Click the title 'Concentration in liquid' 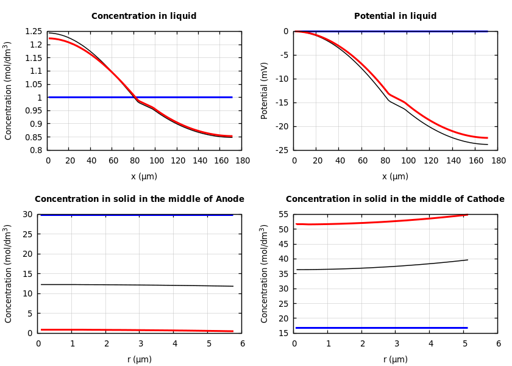pos(144,16)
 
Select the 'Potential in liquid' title pos(395,16)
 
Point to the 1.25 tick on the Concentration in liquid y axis pos(34,32)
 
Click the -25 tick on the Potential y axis pos(282,150)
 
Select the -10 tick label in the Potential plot pos(282,79)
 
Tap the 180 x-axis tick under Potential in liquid pos(499,161)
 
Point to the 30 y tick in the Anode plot pos(27,214)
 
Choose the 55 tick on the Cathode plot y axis pos(283,214)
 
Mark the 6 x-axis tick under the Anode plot pos(243,344)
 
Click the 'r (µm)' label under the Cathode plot pos(396,359)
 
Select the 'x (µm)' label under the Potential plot pos(396,176)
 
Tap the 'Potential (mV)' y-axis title pos(265,90)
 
